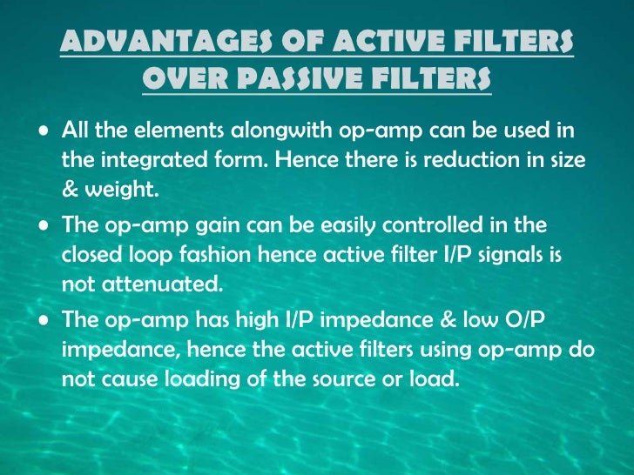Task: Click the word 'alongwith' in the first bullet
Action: click(x=284, y=132)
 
